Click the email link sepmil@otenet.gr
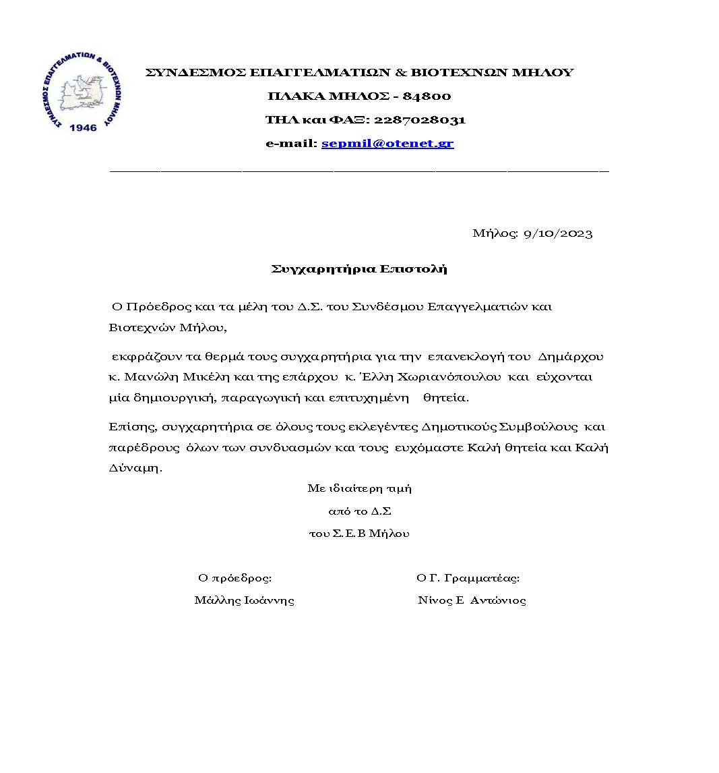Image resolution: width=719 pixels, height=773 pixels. (x=387, y=143)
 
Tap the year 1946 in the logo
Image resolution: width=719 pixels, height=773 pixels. (x=83, y=127)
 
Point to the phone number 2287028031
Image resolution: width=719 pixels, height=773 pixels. (x=419, y=119)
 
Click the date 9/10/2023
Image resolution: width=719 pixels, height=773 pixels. (x=558, y=233)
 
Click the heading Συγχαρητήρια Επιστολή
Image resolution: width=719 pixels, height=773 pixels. (x=359, y=269)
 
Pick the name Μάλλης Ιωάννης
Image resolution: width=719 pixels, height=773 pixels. (x=244, y=600)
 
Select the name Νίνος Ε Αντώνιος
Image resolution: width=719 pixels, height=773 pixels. (x=472, y=600)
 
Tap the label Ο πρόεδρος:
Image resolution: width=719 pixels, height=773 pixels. (x=235, y=577)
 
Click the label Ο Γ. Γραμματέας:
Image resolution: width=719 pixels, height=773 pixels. (x=468, y=577)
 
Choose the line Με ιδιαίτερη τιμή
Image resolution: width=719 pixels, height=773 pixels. (x=359, y=488)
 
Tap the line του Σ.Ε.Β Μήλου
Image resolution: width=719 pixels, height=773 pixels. (x=359, y=533)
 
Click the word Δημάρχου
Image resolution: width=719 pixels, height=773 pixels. (x=571, y=356)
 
